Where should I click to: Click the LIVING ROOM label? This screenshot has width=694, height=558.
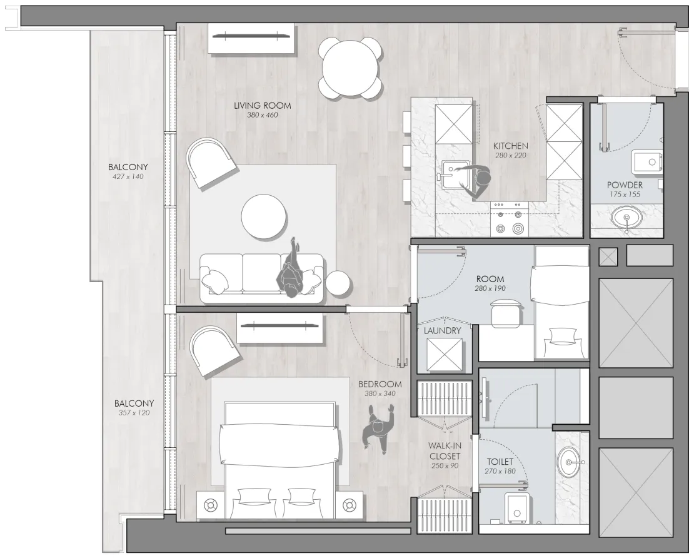click(x=263, y=106)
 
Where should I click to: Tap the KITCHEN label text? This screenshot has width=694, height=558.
click(x=511, y=146)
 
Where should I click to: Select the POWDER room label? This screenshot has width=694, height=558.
click(x=625, y=185)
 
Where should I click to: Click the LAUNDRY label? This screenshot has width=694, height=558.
click(x=442, y=331)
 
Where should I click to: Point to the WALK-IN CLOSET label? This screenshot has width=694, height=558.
click(x=445, y=451)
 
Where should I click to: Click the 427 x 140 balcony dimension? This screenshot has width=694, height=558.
click(x=128, y=176)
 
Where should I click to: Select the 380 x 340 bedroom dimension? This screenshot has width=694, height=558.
click(x=380, y=393)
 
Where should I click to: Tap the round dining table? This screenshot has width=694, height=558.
click(x=350, y=68)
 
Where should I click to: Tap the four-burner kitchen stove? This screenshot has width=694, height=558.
click(x=509, y=219)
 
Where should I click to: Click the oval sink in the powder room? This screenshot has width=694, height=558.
click(x=626, y=218)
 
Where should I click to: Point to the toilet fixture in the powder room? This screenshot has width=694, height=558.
click(x=647, y=162)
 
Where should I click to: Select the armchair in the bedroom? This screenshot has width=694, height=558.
click(x=214, y=351)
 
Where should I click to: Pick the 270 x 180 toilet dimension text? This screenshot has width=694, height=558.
click(x=500, y=471)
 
